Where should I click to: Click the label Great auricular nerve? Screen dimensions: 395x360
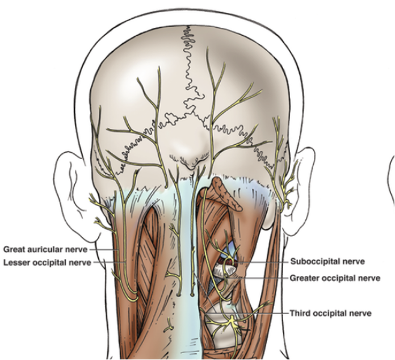(46, 249)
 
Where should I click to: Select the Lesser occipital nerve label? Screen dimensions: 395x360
(47, 262)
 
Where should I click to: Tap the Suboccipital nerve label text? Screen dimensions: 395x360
(327, 262)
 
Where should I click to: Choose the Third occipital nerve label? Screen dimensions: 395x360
(330, 313)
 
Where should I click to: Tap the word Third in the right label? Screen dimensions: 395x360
(300, 313)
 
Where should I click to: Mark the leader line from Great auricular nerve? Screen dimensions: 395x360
(103, 249)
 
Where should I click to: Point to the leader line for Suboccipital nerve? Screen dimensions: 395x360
(261, 262)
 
